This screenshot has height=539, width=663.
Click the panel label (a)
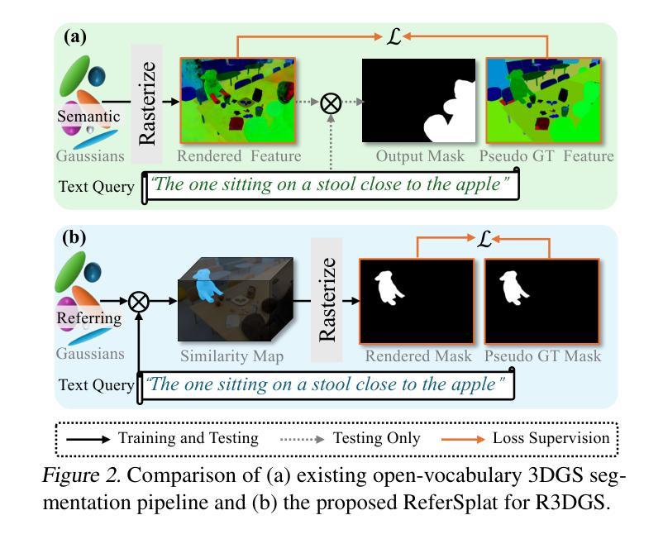(x=75, y=36)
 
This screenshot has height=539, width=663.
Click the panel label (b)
(x=74, y=237)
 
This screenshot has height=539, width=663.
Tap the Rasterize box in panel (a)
(x=146, y=103)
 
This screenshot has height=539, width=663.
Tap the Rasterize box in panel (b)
(x=327, y=300)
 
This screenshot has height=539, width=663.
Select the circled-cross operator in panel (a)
(x=331, y=103)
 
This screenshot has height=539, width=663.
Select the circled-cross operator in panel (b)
(x=138, y=302)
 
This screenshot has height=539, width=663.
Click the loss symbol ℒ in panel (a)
(x=394, y=37)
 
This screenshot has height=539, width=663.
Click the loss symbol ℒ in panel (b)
(x=484, y=239)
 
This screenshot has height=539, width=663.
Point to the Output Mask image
(x=418, y=100)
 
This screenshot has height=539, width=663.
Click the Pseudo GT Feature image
(x=544, y=100)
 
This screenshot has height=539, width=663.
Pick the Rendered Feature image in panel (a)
(x=238, y=100)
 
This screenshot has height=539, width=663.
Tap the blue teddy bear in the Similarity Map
(x=207, y=285)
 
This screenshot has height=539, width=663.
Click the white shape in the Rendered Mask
(x=389, y=288)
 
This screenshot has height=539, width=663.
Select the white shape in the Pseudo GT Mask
(x=513, y=288)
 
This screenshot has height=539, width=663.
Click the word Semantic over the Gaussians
(x=88, y=117)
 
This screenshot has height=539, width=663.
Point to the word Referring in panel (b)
(x=88, y=318)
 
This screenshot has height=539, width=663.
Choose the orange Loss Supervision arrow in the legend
(x=463, y=439)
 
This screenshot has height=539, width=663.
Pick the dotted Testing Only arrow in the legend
(x=302, y=440)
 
